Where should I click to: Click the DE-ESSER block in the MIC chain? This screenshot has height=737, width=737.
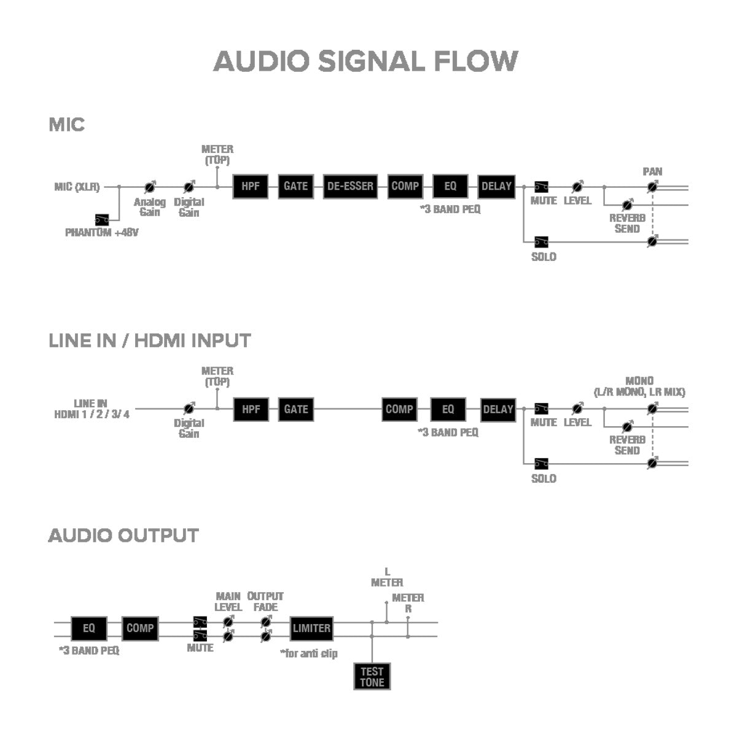[x=350, y=186]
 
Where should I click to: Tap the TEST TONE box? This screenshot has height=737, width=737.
[x=372, y=676]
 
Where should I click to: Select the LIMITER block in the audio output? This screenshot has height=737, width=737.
[x=311, y=628]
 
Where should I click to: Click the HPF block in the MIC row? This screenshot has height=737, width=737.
[x=251, y=186]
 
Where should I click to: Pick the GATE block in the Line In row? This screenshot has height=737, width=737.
[x=296, y=409]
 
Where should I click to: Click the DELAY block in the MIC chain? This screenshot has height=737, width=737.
[x=496, y=186]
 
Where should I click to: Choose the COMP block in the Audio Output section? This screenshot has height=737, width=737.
[x=140, y=628]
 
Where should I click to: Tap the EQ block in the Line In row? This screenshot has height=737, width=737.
[x=448, y=409]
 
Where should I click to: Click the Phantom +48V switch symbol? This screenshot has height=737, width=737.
[x=102, y=219]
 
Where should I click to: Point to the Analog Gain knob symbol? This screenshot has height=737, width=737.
[x=149, y=187]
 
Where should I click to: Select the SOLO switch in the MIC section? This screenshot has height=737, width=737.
[x=541, y=241]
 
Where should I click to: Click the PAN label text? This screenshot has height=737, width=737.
[x=652, y=171]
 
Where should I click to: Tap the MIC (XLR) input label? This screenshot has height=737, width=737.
[x=77, y=187]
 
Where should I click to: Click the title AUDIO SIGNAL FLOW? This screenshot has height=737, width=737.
[x=366, y=61]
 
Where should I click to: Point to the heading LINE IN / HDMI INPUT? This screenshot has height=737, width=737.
[x=150, y=340]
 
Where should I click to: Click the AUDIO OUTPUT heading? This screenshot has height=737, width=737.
[x=123, y=536]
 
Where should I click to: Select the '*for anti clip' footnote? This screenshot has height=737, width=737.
[x=309, y=653]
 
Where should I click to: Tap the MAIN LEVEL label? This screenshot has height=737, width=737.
[x=228, y=601]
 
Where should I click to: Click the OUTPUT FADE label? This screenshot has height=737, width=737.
[x=265, y=601]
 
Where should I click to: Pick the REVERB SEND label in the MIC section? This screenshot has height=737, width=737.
[x=627, y=223]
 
